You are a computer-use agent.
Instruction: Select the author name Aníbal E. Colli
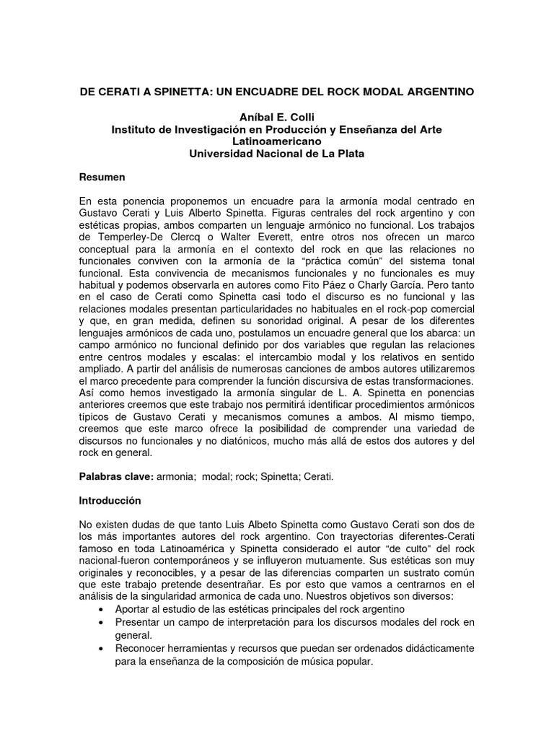[276, 117]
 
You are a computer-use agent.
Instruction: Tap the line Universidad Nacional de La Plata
[276, 153]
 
